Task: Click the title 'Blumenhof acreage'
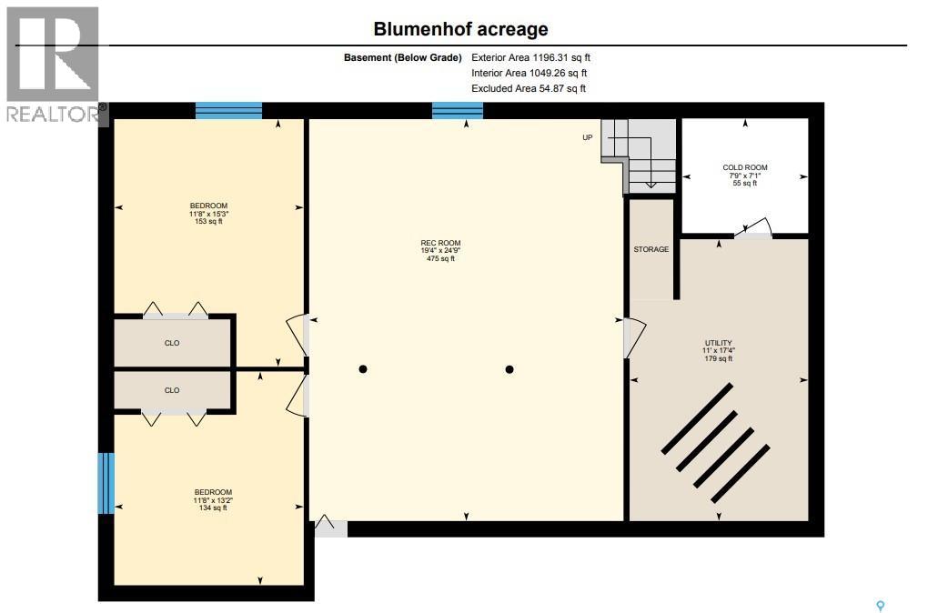[x=460, y=29]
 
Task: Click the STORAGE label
[x=651, y=250]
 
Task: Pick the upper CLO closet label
[x=172, y=343]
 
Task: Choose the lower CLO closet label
[x=172, y=390]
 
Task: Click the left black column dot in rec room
[x=363, y=369]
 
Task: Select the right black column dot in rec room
[x=509, y=369]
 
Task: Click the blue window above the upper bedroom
[x=228, y=111]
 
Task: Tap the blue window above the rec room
[x=458, y=111]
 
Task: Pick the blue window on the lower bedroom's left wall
[x=106, y=483]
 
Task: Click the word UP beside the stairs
[x=587, y=137]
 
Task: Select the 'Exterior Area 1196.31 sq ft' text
[x=530, y=57]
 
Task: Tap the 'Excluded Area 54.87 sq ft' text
[x=529, y=88]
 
